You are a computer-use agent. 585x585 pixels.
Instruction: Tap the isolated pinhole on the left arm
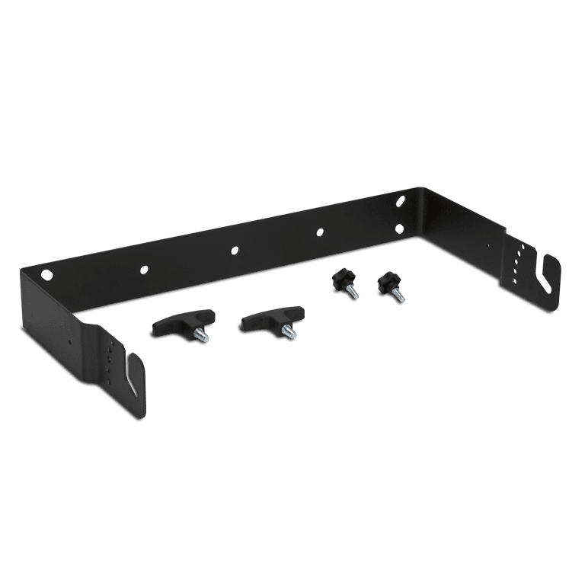coord(71,342)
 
